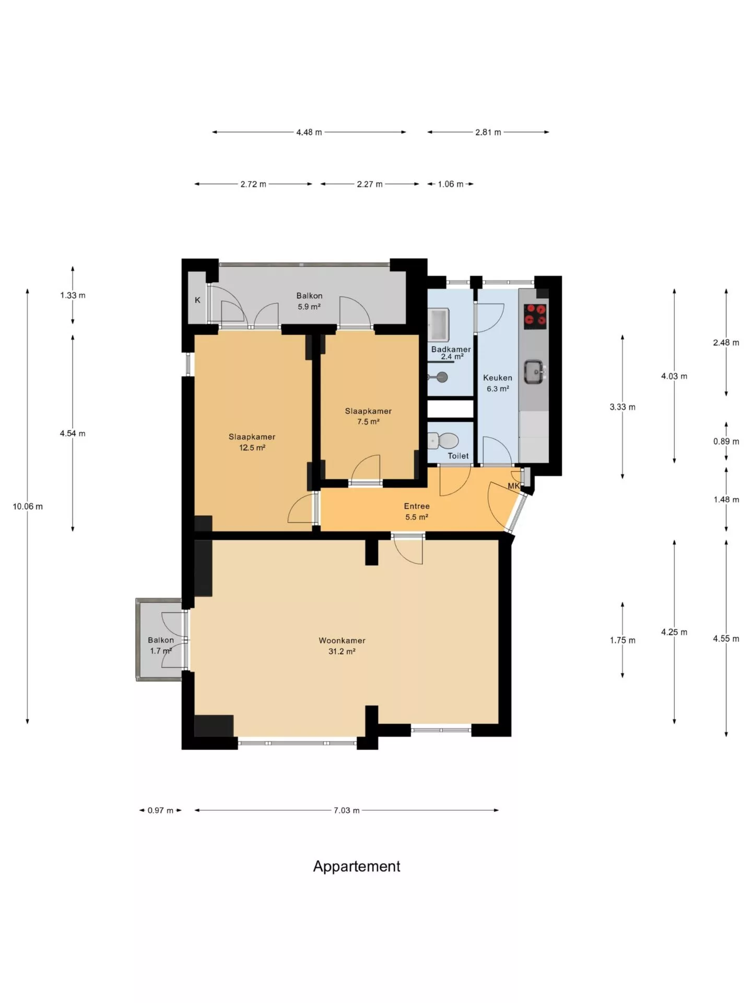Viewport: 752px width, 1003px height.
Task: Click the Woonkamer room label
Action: click(342, 640)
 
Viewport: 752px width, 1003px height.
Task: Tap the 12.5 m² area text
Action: click(252, 448)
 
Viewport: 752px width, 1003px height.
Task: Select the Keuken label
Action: click(498, 378)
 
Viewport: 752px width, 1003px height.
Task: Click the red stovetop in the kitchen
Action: click(535, 316)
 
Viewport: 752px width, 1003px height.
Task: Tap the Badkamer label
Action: click(451, 349)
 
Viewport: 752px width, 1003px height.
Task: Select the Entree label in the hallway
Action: click(417, 506)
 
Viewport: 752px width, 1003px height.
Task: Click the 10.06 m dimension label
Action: click(28, 506)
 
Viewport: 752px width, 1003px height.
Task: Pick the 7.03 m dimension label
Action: click(347, 810)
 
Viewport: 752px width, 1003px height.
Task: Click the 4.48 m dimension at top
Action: click(309, 132)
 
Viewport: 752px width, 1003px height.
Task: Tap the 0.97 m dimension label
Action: click(160, 810)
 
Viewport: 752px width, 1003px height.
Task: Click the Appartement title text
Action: click(357, 866)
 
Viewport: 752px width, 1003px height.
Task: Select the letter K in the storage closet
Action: click(197, 300)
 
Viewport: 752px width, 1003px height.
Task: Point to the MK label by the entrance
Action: click(514, 486)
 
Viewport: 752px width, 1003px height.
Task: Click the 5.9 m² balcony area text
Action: click(309, 307)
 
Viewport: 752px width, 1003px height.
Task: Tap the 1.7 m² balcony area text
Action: click(161, 651)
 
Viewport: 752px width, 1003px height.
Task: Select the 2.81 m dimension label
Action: click(488, 132)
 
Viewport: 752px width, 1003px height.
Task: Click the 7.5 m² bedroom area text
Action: click(368, 422)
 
